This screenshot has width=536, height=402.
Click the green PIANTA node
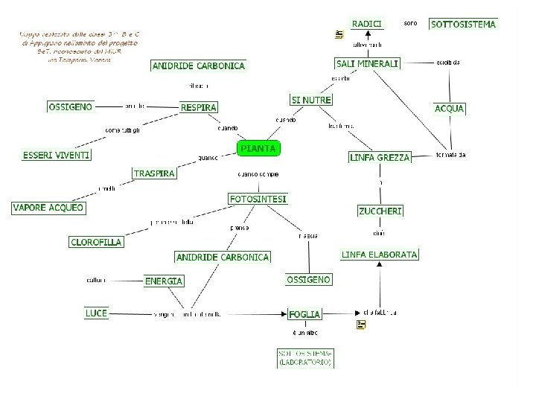[258, 148]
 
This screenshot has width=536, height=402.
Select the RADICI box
[367, 24]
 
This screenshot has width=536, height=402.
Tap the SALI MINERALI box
[367, 63]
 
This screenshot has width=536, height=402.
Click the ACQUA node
[450, 109]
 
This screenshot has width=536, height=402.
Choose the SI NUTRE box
[311, 100]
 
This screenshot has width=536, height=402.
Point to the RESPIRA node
[199, 108]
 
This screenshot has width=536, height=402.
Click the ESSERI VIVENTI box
[57, 155]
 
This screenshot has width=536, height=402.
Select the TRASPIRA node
[155, 173]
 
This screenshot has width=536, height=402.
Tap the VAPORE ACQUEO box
[48, 208]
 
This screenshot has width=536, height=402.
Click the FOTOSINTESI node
[258, 199]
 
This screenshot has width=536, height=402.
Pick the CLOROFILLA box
[96, 242]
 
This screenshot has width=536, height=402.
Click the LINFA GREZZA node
[380, 158]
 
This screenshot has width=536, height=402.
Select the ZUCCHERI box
[380, 211]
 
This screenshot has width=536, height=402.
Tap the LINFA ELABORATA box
[380, 255]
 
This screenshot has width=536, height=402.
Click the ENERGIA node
[164, 281]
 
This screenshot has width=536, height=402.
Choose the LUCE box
[97, 313]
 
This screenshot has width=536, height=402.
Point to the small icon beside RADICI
[339, 34]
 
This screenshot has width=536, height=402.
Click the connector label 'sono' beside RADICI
[410, 23]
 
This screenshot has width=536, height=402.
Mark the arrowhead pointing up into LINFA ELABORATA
[380, 265]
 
